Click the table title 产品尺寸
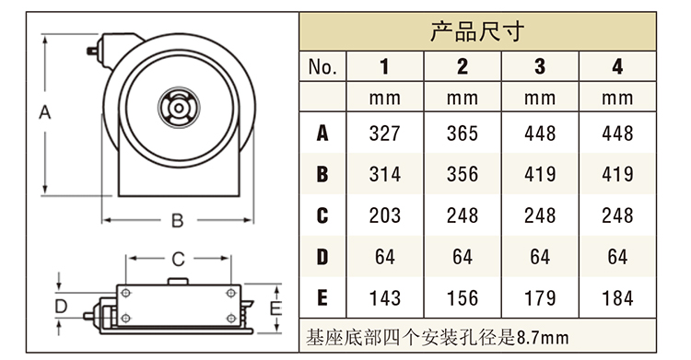click(x=477, y=31)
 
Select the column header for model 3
click(x=540, y=66)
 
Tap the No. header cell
click(x=322, y=67)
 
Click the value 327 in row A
click(x=385, y=134)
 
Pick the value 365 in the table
click(x=463, y=134)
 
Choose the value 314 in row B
click(x=385, y=174)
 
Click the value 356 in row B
click(x=463, y=174)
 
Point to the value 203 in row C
click(x=385, y=215)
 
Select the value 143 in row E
click(x=385, y=298)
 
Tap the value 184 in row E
click(x=617, y=298)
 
